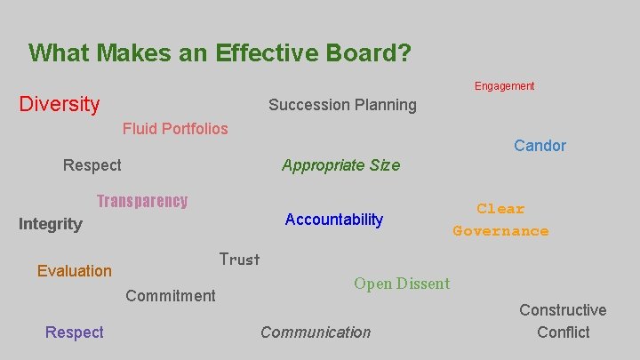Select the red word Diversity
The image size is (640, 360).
pos(60,105)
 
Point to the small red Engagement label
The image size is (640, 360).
pos(504,86)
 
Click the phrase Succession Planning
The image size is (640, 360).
pos(342,105)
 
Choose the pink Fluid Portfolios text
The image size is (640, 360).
pos(175,129)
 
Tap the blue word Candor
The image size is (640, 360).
pos(540,146)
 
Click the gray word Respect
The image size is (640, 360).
pos(92,165)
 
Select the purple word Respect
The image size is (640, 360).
pos(75,332)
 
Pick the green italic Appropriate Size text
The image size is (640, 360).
pos(340,165)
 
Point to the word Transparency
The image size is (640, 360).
pos(142,201)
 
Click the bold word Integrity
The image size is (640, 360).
pos(51,224)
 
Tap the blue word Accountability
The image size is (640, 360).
pos(333,220)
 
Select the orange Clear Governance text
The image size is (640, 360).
pos(500,220)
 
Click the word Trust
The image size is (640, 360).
pos(239,260)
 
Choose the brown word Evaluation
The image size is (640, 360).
pos(75,271)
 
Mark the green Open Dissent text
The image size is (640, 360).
pos(402,284)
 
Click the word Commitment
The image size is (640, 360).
pos(171,296)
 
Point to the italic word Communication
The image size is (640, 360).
pos(316,332)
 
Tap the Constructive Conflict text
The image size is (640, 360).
pos(563,321)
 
